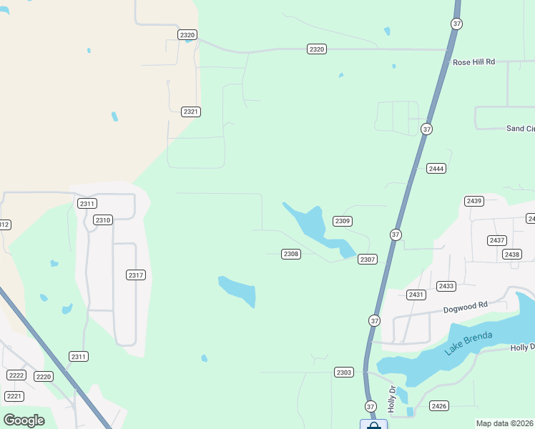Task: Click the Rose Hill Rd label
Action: coord(473,62)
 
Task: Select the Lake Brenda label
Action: coord(469,342)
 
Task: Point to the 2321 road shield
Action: coord(190,112)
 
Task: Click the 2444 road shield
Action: coord(436,169)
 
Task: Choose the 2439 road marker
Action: coord(473,201)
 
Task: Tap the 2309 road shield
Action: coord(343,222)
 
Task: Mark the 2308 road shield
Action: coord(290,254)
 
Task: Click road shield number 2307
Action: coord(368,260)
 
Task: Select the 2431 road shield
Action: coord(416,295)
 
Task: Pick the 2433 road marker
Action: coord(446,286)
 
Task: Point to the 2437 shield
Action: coord(496,240)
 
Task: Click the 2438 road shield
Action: coord(511,255)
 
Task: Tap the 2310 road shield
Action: coord(103,220)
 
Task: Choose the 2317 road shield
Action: coord(136,275)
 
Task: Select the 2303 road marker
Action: coord(343,373)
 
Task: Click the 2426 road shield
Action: coord(439,406)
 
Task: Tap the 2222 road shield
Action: coord(16,375)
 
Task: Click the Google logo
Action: coord(24,420)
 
